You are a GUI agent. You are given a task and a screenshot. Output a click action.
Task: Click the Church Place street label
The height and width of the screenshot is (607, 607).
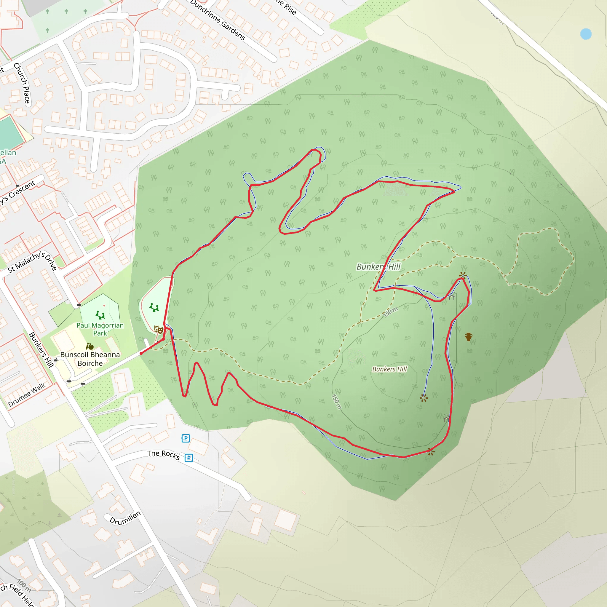[x=22, y=83]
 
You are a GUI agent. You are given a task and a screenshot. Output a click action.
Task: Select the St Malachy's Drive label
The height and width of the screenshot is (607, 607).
[x=31, y=261]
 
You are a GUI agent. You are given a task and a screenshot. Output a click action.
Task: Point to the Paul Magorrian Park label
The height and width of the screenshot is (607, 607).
[x=100, y=329]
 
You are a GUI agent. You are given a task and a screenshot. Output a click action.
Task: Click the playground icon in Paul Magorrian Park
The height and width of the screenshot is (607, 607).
[x=100, y=314]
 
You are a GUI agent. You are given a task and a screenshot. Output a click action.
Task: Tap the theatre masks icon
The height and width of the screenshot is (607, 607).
[x=159, y=330]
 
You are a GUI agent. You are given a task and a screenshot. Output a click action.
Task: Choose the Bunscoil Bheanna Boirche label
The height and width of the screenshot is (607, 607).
[x=90, y=359]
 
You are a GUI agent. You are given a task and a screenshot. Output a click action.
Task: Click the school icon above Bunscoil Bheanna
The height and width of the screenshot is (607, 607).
[x=90, y=346]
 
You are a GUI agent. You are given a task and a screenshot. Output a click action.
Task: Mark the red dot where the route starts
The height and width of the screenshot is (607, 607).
[x=141, y=354]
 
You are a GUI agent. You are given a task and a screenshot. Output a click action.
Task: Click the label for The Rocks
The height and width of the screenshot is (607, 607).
[x=163, y=455]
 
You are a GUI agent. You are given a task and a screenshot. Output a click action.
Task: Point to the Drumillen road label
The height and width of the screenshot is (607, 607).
[x=125, y=518]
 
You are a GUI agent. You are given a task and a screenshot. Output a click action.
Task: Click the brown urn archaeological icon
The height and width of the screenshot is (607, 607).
[x=469, y=337]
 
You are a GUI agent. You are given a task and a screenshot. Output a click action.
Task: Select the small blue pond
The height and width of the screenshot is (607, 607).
[x=586, y=34]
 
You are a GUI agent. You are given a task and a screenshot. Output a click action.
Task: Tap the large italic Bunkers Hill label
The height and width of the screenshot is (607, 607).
[x=378, y=267]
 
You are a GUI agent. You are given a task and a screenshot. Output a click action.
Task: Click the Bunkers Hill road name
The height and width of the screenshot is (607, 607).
[x=41, y=350]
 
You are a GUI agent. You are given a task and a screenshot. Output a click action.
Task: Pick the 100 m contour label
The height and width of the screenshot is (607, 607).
[x=24, y=585]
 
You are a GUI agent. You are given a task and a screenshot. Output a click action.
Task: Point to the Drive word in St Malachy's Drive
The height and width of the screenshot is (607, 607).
[x=51, y=262]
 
